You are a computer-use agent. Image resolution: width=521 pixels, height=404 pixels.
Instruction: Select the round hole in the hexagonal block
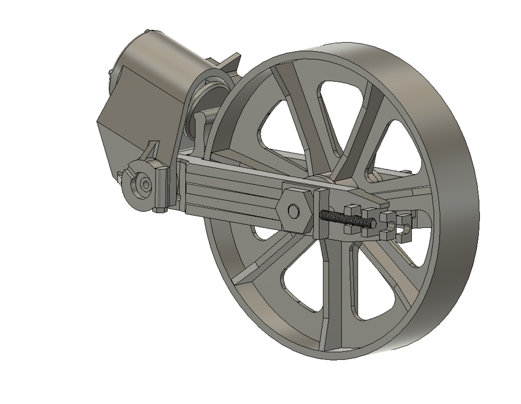click(x=293, y=210)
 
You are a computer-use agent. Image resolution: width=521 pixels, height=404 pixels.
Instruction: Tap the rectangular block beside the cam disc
click(x=161, y=188)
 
